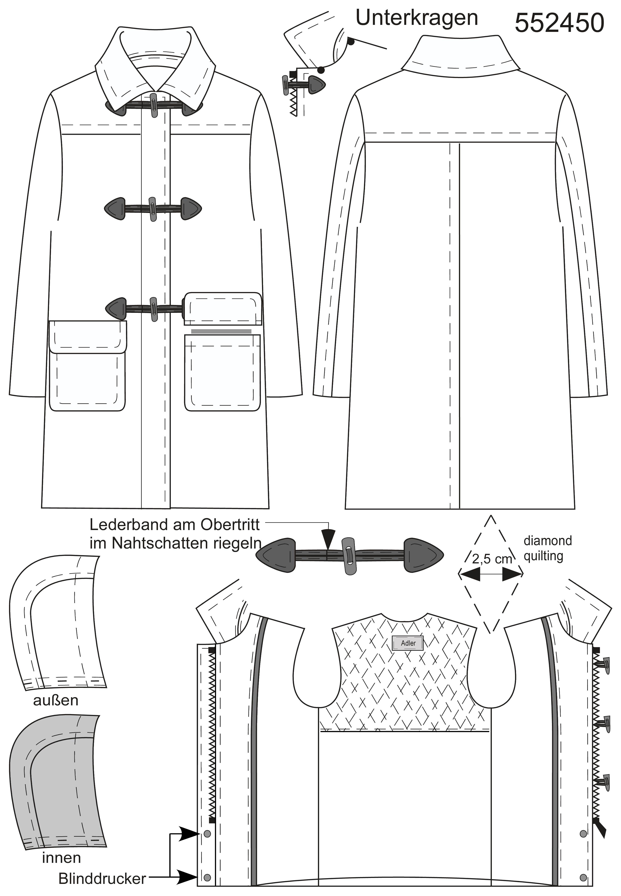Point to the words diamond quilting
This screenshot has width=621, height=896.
(547, 549)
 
